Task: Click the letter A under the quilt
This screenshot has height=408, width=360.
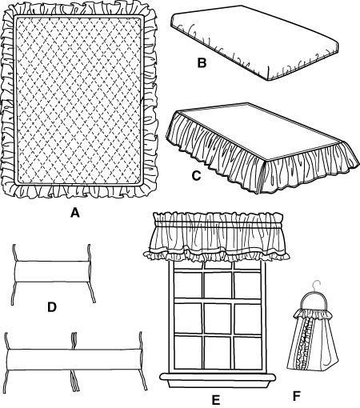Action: (x=75, y=213)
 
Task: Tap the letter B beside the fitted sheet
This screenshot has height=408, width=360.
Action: (x=202, y=63)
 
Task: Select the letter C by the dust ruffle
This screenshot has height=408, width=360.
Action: (x=196, y=175)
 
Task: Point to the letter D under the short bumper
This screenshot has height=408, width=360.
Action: (x=52, y=307)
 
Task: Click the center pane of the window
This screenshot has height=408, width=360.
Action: (x=218, y=318)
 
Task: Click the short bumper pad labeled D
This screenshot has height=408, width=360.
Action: (x=53, y=271)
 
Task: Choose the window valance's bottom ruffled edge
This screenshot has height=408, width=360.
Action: (x=216, y=255)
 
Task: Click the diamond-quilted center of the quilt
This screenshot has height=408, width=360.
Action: (x=78, y=101)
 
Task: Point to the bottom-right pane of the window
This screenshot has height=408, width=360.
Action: (x=248, y=352)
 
